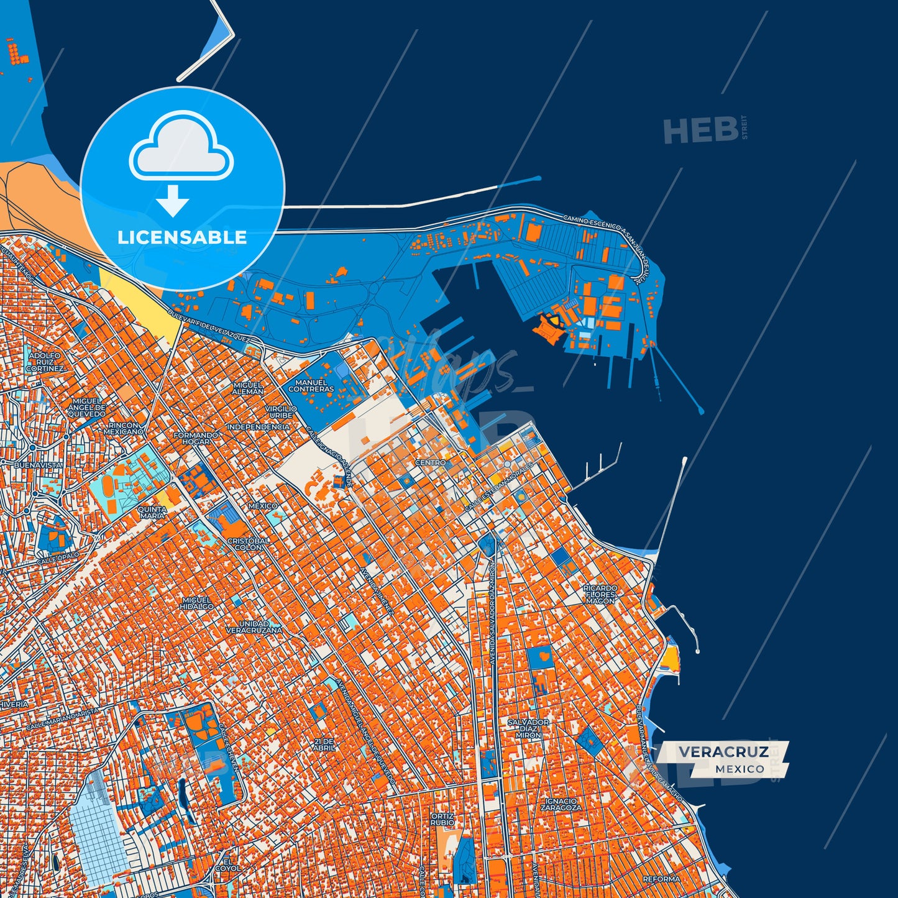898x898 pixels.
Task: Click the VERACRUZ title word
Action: coord(723,752)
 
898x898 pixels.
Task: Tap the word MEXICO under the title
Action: coord(740,769)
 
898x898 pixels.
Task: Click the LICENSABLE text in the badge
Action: coord(182,237)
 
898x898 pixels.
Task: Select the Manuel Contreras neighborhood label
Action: coord(311,386)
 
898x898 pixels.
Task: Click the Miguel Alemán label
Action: coord(248,388)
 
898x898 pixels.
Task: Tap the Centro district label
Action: coord(430,463)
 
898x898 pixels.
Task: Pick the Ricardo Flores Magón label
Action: coord(600,594)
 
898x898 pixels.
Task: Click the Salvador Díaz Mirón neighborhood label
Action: coord(528,728)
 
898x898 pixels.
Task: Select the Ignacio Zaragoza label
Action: coord(561,805)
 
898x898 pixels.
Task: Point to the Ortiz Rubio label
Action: coord(442,819)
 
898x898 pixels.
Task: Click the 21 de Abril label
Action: coord(324,745)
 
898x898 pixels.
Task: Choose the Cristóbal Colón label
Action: coord(249,544)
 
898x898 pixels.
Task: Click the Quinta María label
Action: coord(152,512)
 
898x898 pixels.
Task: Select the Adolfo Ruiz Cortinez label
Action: coord(45,362)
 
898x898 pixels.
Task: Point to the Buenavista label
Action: coord(39,465)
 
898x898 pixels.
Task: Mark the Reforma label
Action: coord(661,879)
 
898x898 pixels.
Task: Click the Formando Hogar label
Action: coord(196,439)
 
